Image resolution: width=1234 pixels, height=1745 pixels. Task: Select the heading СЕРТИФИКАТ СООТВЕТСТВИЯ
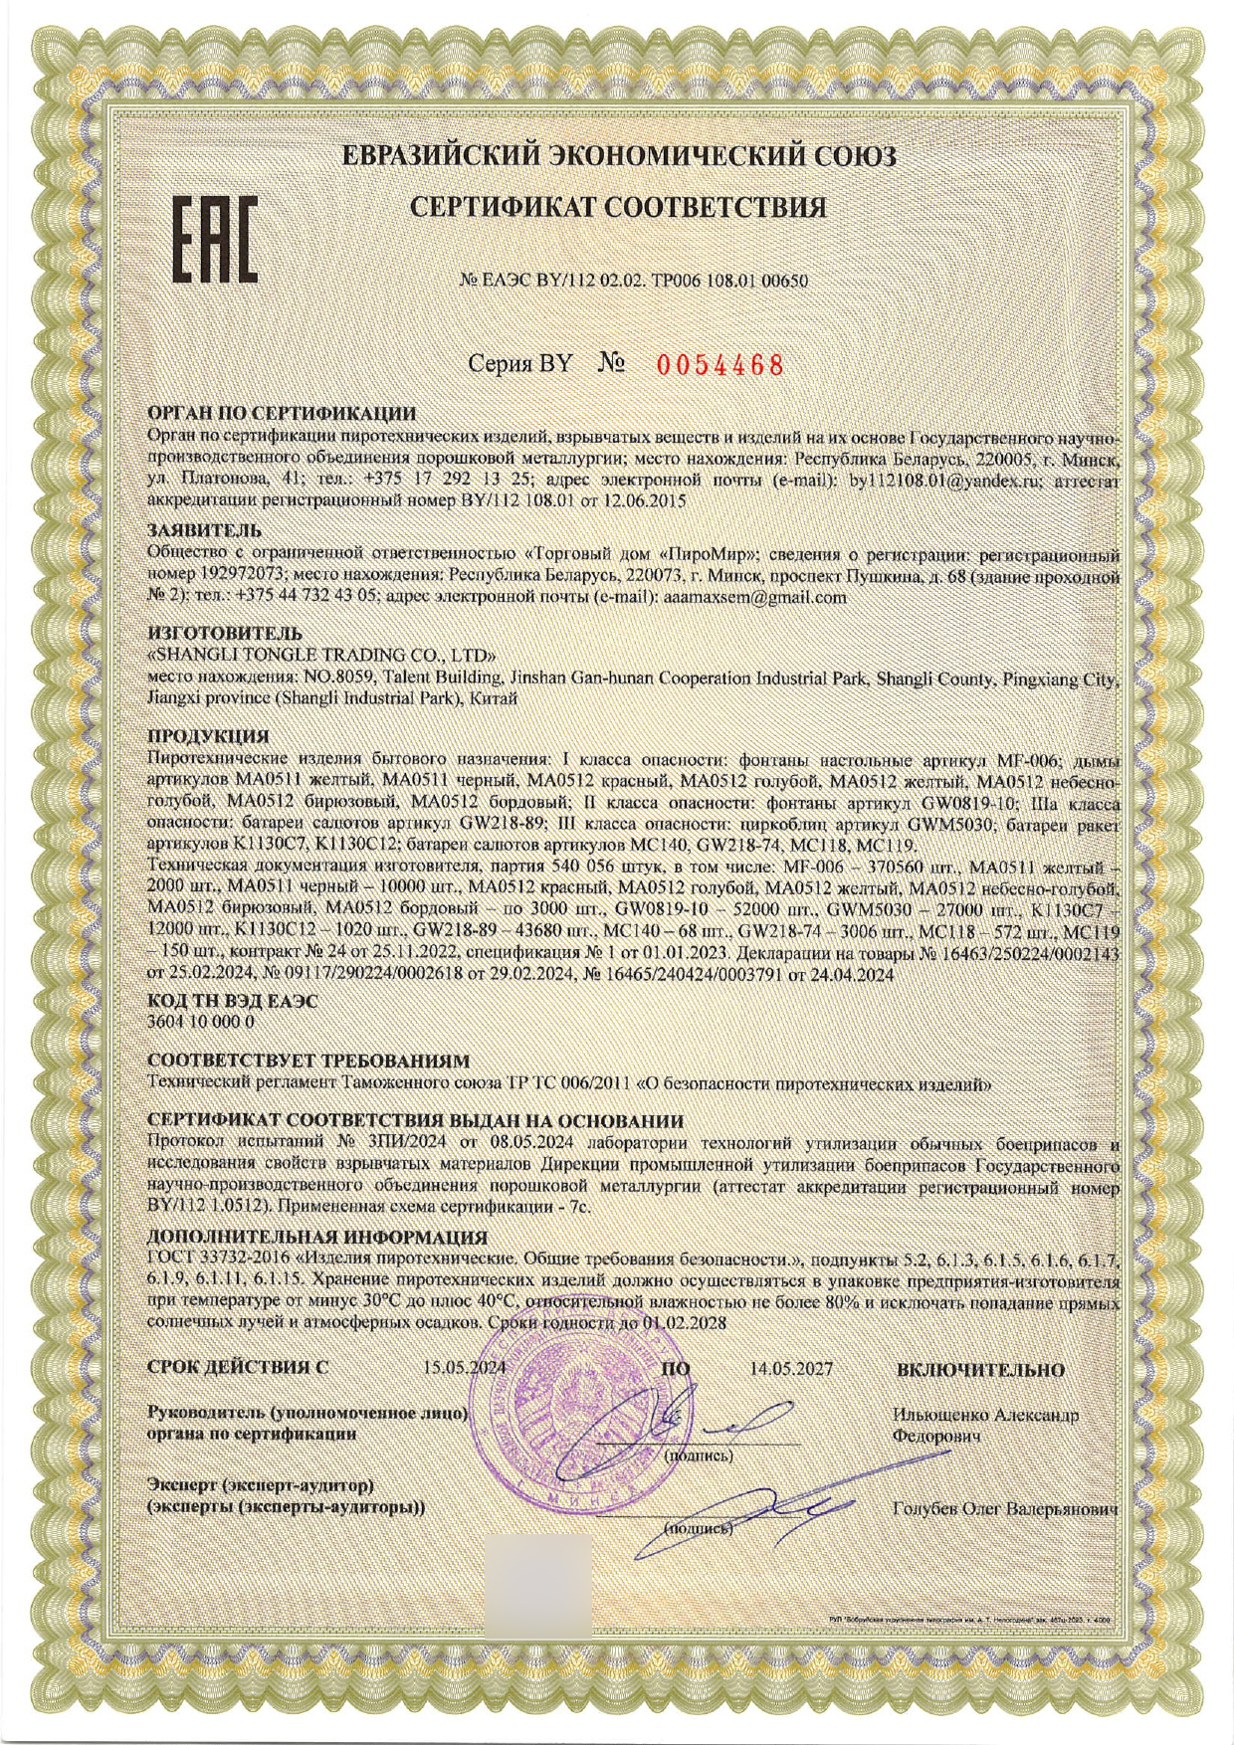(619, 207)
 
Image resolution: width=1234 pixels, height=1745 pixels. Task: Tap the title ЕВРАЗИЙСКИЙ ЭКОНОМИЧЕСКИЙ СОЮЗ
(619, 156)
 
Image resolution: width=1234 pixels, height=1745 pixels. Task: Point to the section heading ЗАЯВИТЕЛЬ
(204, 529)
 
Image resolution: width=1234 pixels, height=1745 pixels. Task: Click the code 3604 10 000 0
(201, 1021)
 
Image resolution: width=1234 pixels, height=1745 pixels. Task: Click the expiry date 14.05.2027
(791, 1369)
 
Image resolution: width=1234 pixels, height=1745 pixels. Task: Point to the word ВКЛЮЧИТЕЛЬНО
(980, 1370)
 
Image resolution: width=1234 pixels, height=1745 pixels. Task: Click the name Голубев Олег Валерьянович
(1005, 1509)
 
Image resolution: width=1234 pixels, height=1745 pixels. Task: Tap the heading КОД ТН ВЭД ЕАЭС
(232, 1002)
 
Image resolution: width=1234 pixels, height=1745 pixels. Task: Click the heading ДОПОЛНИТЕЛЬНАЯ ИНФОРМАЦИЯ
(316, 1238)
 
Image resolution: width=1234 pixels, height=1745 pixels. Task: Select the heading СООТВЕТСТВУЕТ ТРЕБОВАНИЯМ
(308, 1064)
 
